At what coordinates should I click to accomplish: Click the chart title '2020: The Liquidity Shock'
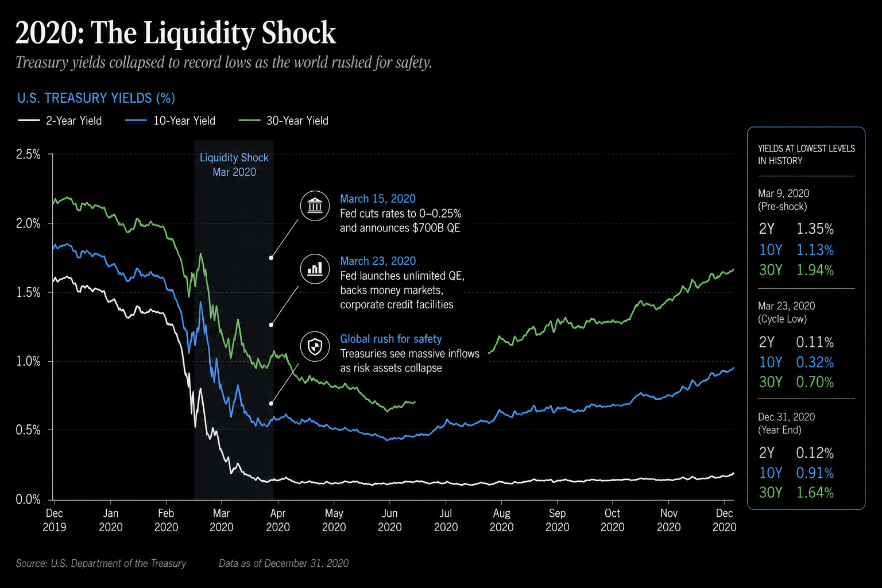(x=176, y=33)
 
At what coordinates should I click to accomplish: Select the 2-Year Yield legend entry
(x=60, y=121)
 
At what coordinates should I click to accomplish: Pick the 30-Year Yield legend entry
(x=284, y=121)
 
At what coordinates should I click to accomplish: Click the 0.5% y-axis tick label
(x=28, y=430)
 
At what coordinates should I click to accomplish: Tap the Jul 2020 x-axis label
(x=446, y=520)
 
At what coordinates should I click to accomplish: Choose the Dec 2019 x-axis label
(x=55, y=520)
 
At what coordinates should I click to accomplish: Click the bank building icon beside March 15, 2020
(x=315, y=205)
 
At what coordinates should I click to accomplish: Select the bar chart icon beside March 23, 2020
(x=315, y=269)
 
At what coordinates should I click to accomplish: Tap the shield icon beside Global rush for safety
(x=315, y=347)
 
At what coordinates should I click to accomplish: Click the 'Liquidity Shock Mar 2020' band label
(x=234, y=165)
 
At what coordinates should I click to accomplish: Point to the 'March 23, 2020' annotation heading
(x=378, y=261)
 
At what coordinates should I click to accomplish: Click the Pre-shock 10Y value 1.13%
(x=815, y=250)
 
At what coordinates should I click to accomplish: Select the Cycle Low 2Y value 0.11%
(x=815, y=342)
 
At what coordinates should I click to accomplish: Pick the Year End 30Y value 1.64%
(x=815, y=492)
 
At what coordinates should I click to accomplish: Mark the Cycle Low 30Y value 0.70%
(x=815, y=382)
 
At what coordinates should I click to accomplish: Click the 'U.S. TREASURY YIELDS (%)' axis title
(x=96, y=98)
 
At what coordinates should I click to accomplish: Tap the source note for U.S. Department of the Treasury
(x=101, y=563)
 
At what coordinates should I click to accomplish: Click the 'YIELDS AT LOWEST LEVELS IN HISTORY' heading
(x=806, y=154)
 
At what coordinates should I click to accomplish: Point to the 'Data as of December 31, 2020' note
(x=284, y=563)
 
